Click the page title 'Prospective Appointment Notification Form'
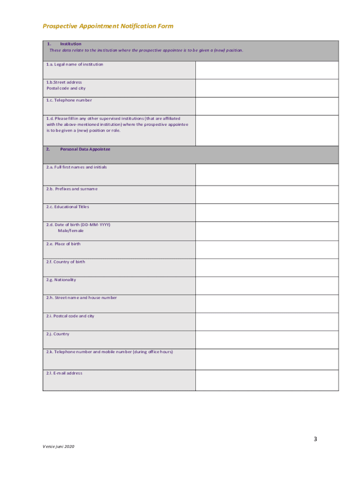(x=108, y=26)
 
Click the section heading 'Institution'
(x=71, y=44)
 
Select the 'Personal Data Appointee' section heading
(x=85, y=149)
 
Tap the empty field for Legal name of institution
(x=267, y=70)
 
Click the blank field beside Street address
(x=267, y=88)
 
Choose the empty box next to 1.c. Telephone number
(x=267, y=106)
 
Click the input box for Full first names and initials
(x=267, y=174)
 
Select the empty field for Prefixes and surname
(x=267, y=195)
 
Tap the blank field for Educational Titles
(x=267, y=212)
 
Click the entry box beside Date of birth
(x=267, y=231)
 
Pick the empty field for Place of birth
(x=267, y=249)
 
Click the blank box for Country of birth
(x=267, y=267)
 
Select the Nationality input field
(x=267, y=285)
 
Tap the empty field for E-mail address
(x=267, y=380)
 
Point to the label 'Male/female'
(x=71, y=231)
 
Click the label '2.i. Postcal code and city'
(x=70, y=316)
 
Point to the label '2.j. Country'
(x=58, y=334)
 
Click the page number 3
(x=316, y=439)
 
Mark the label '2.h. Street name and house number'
(x=81, y=298)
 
